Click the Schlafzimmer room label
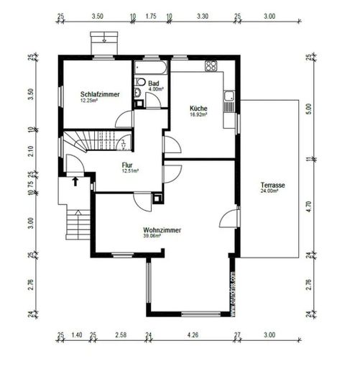[x=101, y=94]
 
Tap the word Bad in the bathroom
[x=153, y=83]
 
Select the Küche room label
[x=198, y=109]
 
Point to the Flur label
[x=129, y=164]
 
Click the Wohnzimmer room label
[x=162, y=230]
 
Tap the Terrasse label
[x=272, y=186]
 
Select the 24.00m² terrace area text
[x=272, y=193]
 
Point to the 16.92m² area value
[x=198, y=115]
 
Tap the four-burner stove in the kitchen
[x=211, y=67]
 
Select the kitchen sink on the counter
[x=229, y=95]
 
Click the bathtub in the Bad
[x=152, y=68]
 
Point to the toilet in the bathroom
[x=139, y=91]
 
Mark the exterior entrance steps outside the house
[x=75, y=223]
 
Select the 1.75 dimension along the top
[x=151, y=15]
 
